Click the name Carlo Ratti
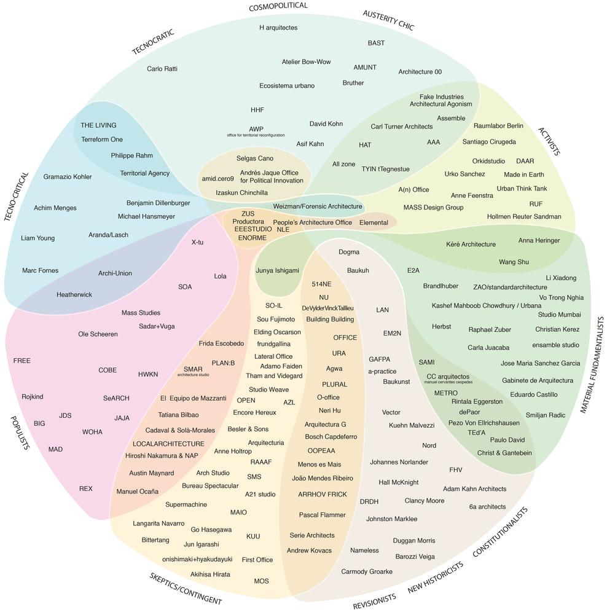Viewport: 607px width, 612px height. (162, 69)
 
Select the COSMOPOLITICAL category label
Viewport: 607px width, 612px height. (278, 7)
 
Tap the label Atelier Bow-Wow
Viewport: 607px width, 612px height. (306, 62)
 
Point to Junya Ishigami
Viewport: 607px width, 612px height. (277, 270)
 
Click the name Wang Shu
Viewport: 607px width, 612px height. (514, 262)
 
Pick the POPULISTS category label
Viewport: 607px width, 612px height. (20, 433)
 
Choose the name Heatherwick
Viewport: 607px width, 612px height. (74, 295)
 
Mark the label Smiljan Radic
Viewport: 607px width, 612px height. (545, 415)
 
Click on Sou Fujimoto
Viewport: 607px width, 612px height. (276, 320)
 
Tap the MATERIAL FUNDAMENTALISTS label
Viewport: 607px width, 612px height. (592, 365)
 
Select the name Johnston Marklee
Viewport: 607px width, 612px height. (391, 519)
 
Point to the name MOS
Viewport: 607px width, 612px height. (261, 581)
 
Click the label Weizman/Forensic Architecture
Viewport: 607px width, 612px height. (318, 206)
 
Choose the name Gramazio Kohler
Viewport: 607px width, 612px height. (68, 177)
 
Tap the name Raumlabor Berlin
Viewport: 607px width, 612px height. (498, 126)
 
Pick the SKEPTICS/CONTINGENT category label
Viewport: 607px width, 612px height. (186, 589)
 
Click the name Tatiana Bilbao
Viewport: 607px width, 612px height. (178, 415)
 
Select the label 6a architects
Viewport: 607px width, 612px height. (487, 507)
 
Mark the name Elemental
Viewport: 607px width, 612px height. (374, 222)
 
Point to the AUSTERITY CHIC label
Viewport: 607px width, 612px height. (388, 20)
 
